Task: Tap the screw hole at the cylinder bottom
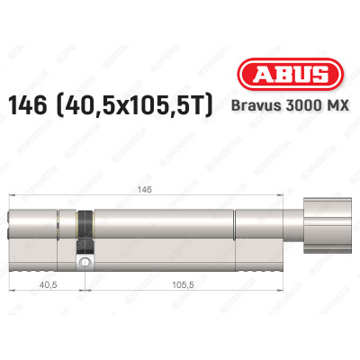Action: pyautogui.click(x=85, y=263)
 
